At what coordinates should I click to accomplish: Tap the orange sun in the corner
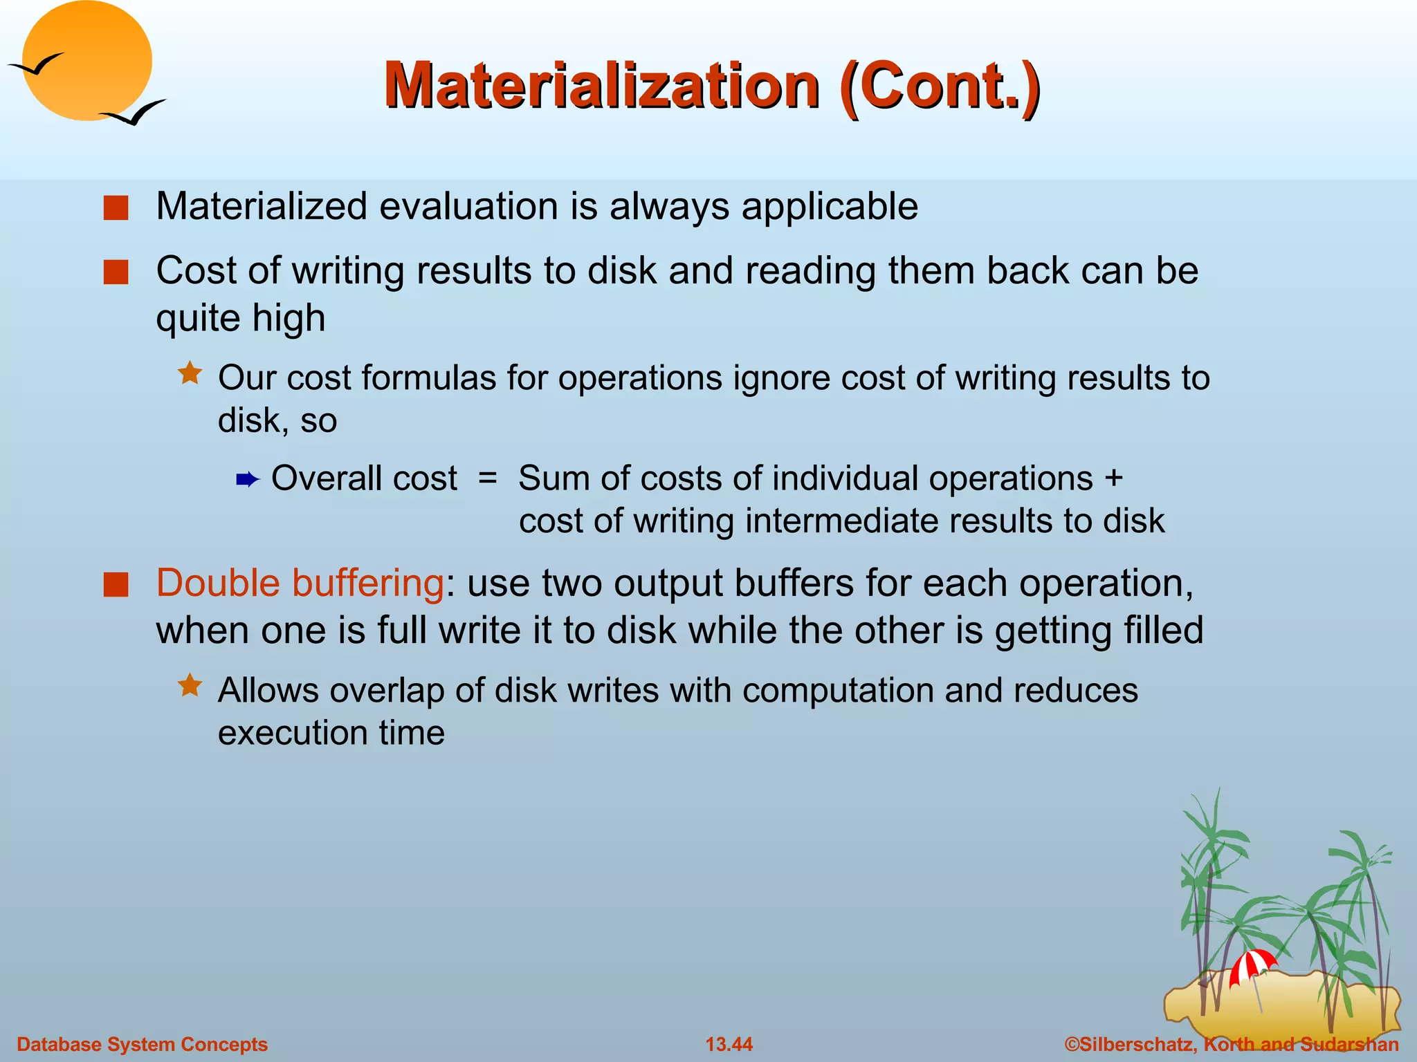[x=87, y=61]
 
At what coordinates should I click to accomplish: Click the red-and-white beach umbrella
[x=1252, y=965]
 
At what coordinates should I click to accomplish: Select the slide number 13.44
[x=729, y=1044]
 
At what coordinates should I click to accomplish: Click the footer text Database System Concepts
[x=142, y=1044]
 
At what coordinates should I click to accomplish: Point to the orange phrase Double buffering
[x=300, y=583]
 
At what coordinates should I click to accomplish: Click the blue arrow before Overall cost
[x=247, y=479]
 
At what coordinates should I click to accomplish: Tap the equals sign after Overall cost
[x=488, y=478]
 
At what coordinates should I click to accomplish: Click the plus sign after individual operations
[x=1113, y=478]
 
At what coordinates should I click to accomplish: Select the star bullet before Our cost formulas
[x=190, y=374]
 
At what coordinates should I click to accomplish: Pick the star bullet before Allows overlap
[x=190, y=687]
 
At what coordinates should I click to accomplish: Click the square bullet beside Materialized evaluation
[x=116, y=207]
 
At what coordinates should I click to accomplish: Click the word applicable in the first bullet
[x=830, y=206]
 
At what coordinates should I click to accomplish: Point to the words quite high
[x=240, y=318]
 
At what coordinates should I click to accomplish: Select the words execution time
[x=331, y=732]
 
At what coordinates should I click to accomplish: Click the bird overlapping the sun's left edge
[x=36, y=65]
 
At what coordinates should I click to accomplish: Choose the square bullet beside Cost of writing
[x=116, y=272]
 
